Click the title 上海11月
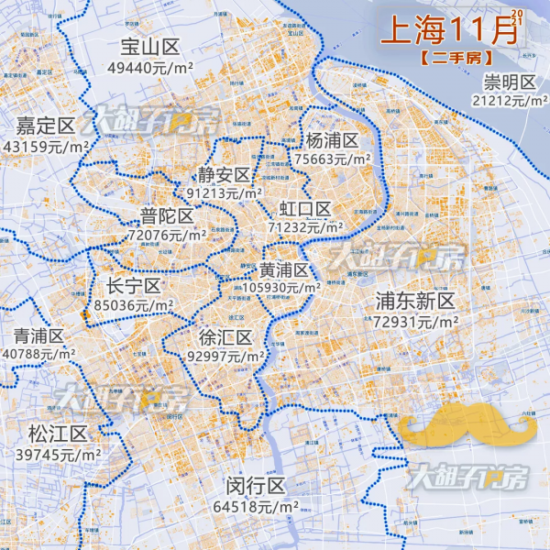pos(447,30)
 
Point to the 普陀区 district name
pos(167,216)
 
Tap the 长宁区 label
pos(134,286)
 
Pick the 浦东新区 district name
pos(415,302)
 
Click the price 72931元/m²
pos(415,321)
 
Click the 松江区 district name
pos(58,434)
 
